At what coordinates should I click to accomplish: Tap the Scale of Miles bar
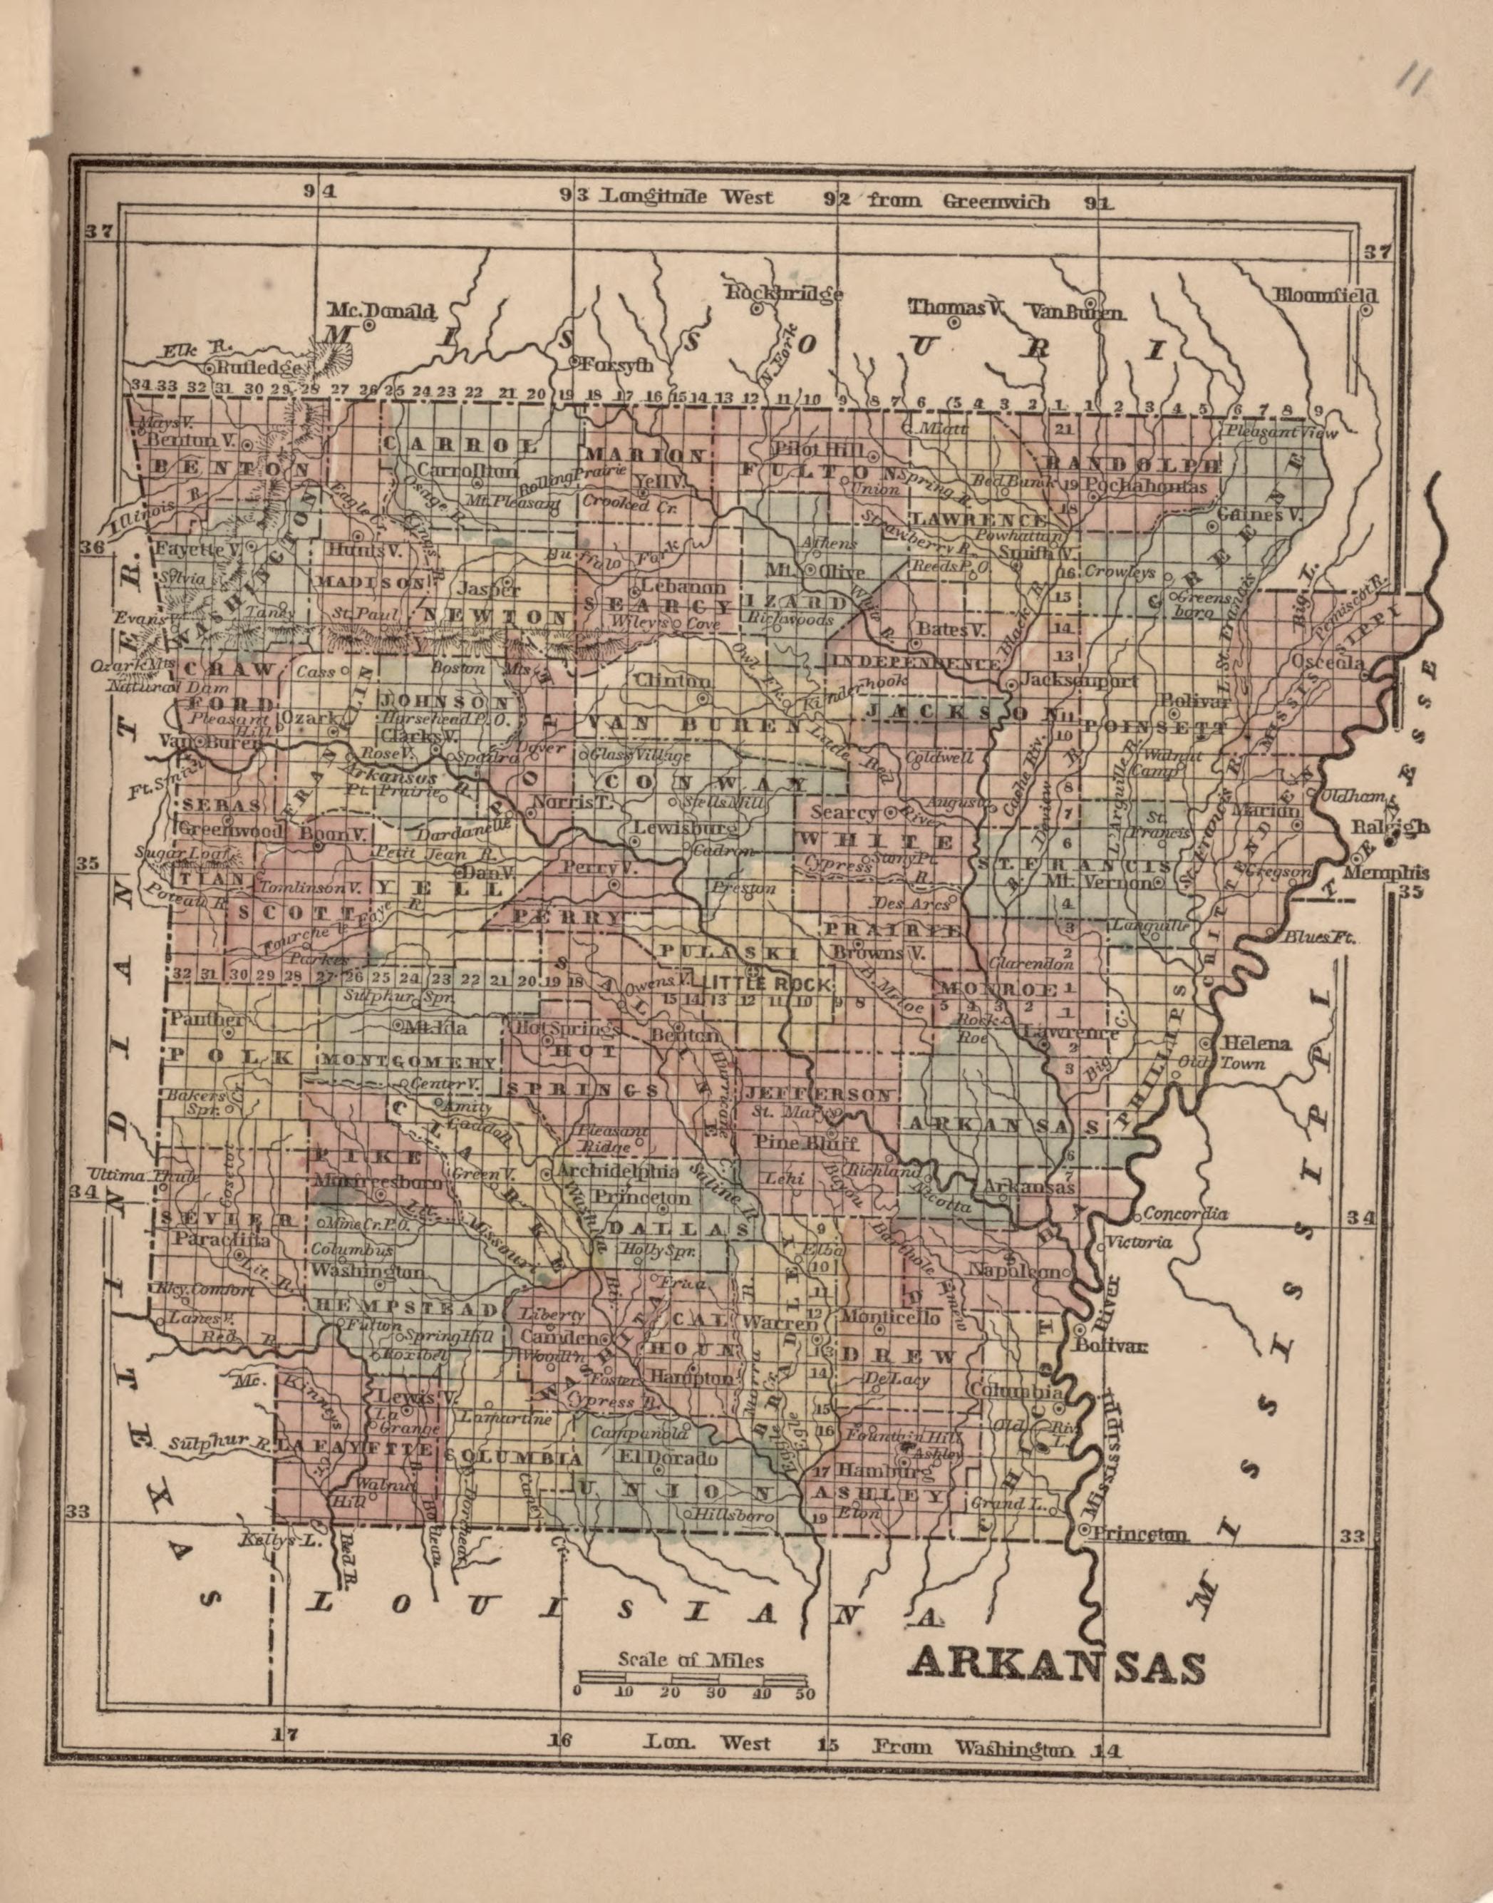coord(695,1676)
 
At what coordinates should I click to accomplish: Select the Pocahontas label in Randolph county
coord(1149,486)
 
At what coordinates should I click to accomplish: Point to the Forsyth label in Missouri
coord(616,366)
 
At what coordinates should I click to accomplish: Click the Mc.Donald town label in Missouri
coord(381,310)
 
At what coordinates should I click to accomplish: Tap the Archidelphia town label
coord(617,1170)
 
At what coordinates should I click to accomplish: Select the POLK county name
coord(231,1056)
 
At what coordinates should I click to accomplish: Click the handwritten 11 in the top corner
coord(1410,81)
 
